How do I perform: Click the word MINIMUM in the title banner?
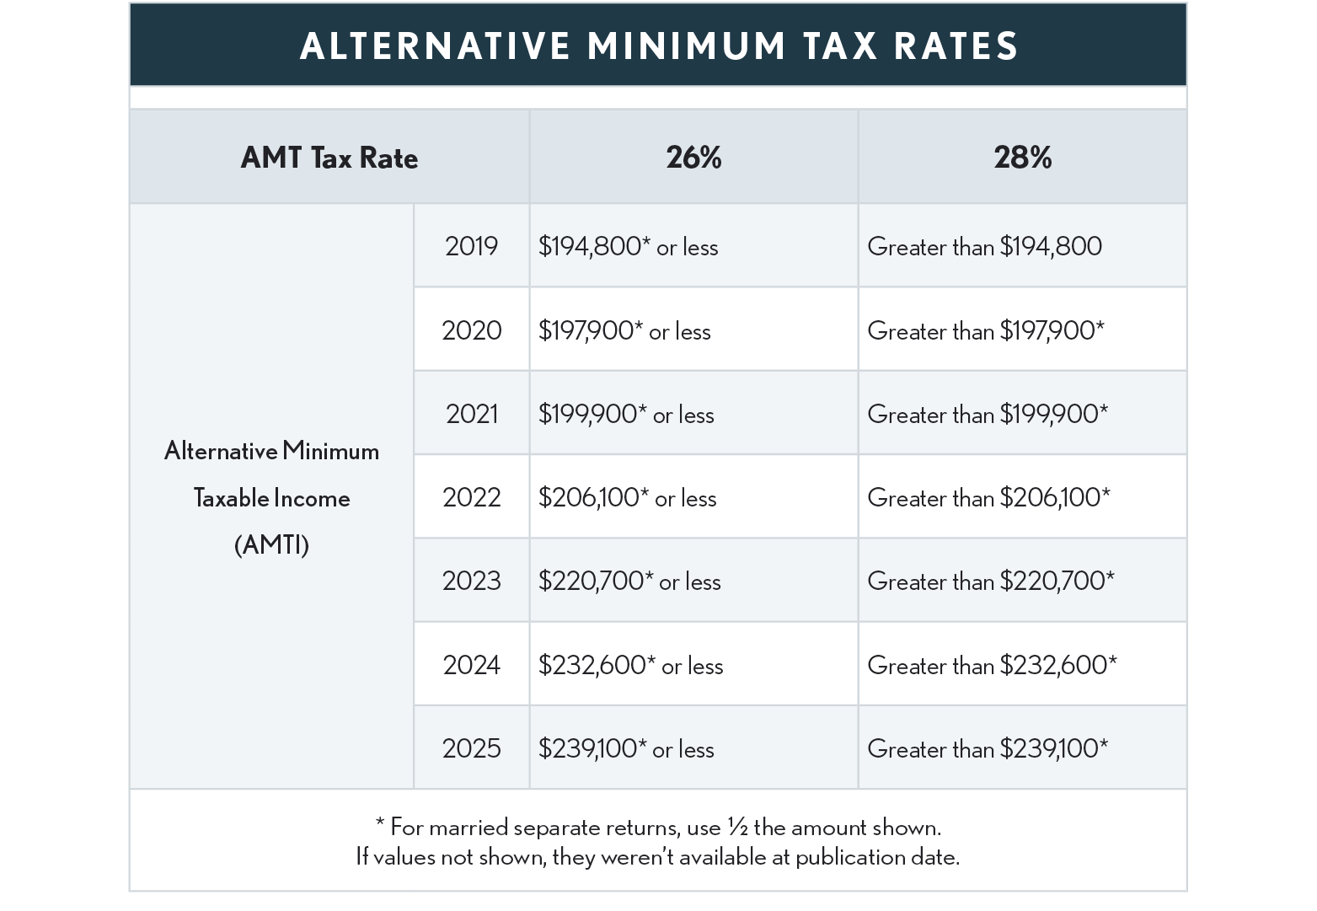pyautogui.click(x=687, y=46)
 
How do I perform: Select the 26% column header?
pyautogui.click(x=693, y=158)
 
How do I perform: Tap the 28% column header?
pyautogui.click(x=1022, y=158)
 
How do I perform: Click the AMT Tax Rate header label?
pyautogui.click(x=329, y=158)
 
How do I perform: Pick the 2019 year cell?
pyautogui.click(x=471, y=246)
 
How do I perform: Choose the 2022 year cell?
pyautogui.click(x=471, y=497)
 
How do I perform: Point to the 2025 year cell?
pyautogui.click(x=471, y=748)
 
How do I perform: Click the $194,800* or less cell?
pyautogui.click(x=628, y=247)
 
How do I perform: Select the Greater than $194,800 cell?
pyautogui.click(x=984, y=247)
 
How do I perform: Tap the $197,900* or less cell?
pyautogui.click(x=624, y=330)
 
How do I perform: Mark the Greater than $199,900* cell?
pyautogui.click(x=988, y=414)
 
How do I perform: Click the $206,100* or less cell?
pyautogui.click(x=627, y=497)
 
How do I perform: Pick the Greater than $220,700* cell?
pyautogui.click(x=990, y=581)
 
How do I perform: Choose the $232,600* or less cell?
pyautogui.click(x=630, y=665)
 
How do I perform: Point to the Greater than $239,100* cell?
pyautogui.click(x=988, y=748)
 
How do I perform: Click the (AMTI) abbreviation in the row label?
pyautogui.click(x=271, y=545)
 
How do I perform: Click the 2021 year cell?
pyautogui.click(x=471, y=414)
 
